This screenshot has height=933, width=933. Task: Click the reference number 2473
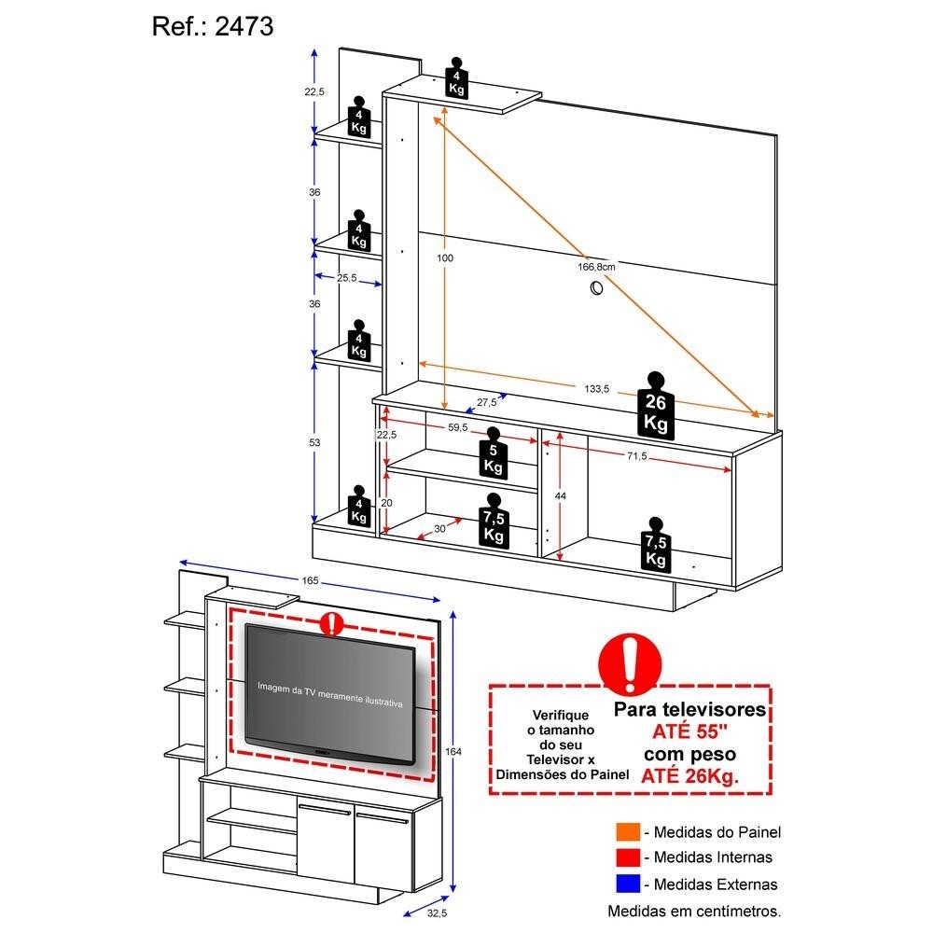[x=245, y=27]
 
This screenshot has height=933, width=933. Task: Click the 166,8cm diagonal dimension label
[x=596, y=267]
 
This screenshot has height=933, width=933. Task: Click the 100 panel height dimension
[x=445, y=258]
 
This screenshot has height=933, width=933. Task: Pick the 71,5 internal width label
[x=637, y=456]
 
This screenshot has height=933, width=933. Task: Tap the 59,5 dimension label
[x=457, y=427]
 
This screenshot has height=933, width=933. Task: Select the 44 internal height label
[x=561, y=495]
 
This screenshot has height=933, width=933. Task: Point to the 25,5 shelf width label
[x=348, y=278]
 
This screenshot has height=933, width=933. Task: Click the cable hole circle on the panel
[x=594, y=290]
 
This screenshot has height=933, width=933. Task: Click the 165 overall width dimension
[x=310, y=580]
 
